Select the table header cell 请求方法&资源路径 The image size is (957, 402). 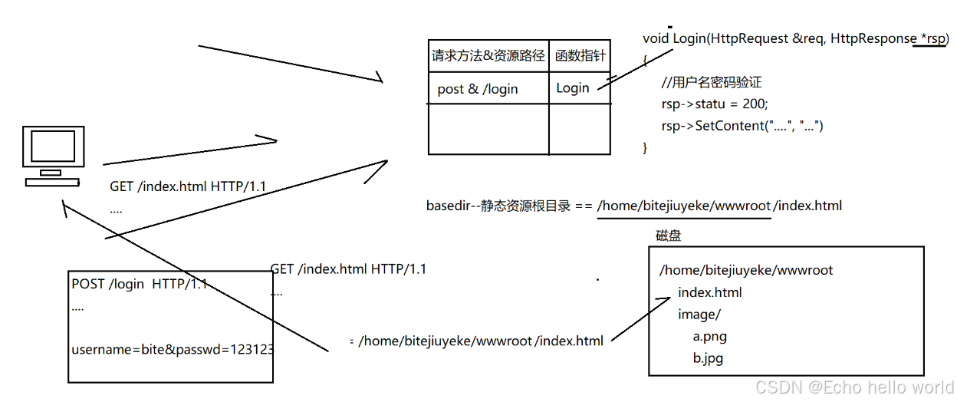(488, 55)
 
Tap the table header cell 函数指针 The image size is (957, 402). (580, 55)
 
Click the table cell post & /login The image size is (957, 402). (478, 89)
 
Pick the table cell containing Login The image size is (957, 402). (573, 88)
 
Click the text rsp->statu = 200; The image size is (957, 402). (714, 104)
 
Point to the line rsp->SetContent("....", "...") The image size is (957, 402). (742, 125)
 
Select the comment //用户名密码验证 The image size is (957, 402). (711, 82)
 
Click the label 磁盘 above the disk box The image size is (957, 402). (668, 236)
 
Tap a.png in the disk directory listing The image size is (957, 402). (709, 336)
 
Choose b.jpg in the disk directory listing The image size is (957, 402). (708, 358)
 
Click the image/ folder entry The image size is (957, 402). (699, 314)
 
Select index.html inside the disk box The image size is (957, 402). (710, 292)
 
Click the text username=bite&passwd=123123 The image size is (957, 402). (173, 350)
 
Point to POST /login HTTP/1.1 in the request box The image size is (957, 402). (139, 285)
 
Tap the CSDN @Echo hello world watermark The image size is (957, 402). (854, 387)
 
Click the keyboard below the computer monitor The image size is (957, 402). (52, 182)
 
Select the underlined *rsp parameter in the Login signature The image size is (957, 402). (932, 38)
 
